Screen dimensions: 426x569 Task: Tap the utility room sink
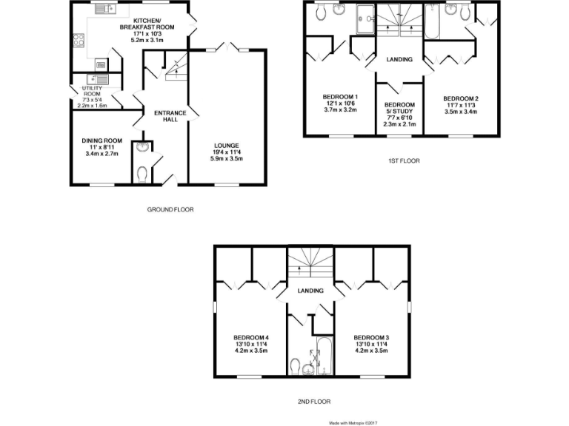coord(97,80)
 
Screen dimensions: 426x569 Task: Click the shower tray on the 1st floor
coord(365,21)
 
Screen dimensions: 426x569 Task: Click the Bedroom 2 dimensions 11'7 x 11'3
coord(460,105)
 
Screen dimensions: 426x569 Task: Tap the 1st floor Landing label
coord(399,59)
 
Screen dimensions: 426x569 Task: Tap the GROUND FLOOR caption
coord(170,209)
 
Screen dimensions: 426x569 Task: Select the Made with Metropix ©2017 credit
coord(359,422)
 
